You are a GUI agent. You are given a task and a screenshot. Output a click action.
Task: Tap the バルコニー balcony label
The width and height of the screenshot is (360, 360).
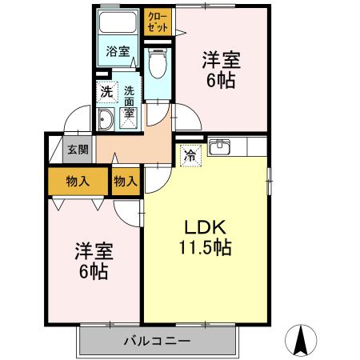(157, 342)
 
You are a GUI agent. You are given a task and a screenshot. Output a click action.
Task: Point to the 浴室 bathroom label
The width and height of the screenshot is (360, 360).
(119, 52)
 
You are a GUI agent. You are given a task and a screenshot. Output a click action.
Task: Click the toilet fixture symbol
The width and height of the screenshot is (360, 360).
(157, 63)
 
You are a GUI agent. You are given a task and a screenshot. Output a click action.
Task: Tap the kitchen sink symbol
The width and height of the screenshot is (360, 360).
(218, 148)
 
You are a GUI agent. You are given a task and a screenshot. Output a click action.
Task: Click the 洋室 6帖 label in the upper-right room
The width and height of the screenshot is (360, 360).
(221, 69)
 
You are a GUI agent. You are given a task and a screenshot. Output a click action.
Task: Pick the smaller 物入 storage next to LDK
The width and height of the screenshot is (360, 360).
(126, 182)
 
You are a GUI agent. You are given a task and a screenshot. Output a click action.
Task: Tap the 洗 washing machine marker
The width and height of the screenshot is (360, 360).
(106, 91)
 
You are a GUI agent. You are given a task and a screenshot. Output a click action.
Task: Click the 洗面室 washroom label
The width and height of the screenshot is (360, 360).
(128, 103)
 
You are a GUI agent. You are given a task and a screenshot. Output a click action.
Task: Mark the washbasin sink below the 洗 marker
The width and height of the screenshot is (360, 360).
(106, 121)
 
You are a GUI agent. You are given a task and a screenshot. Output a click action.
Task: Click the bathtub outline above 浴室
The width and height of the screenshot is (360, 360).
(119, 24)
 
